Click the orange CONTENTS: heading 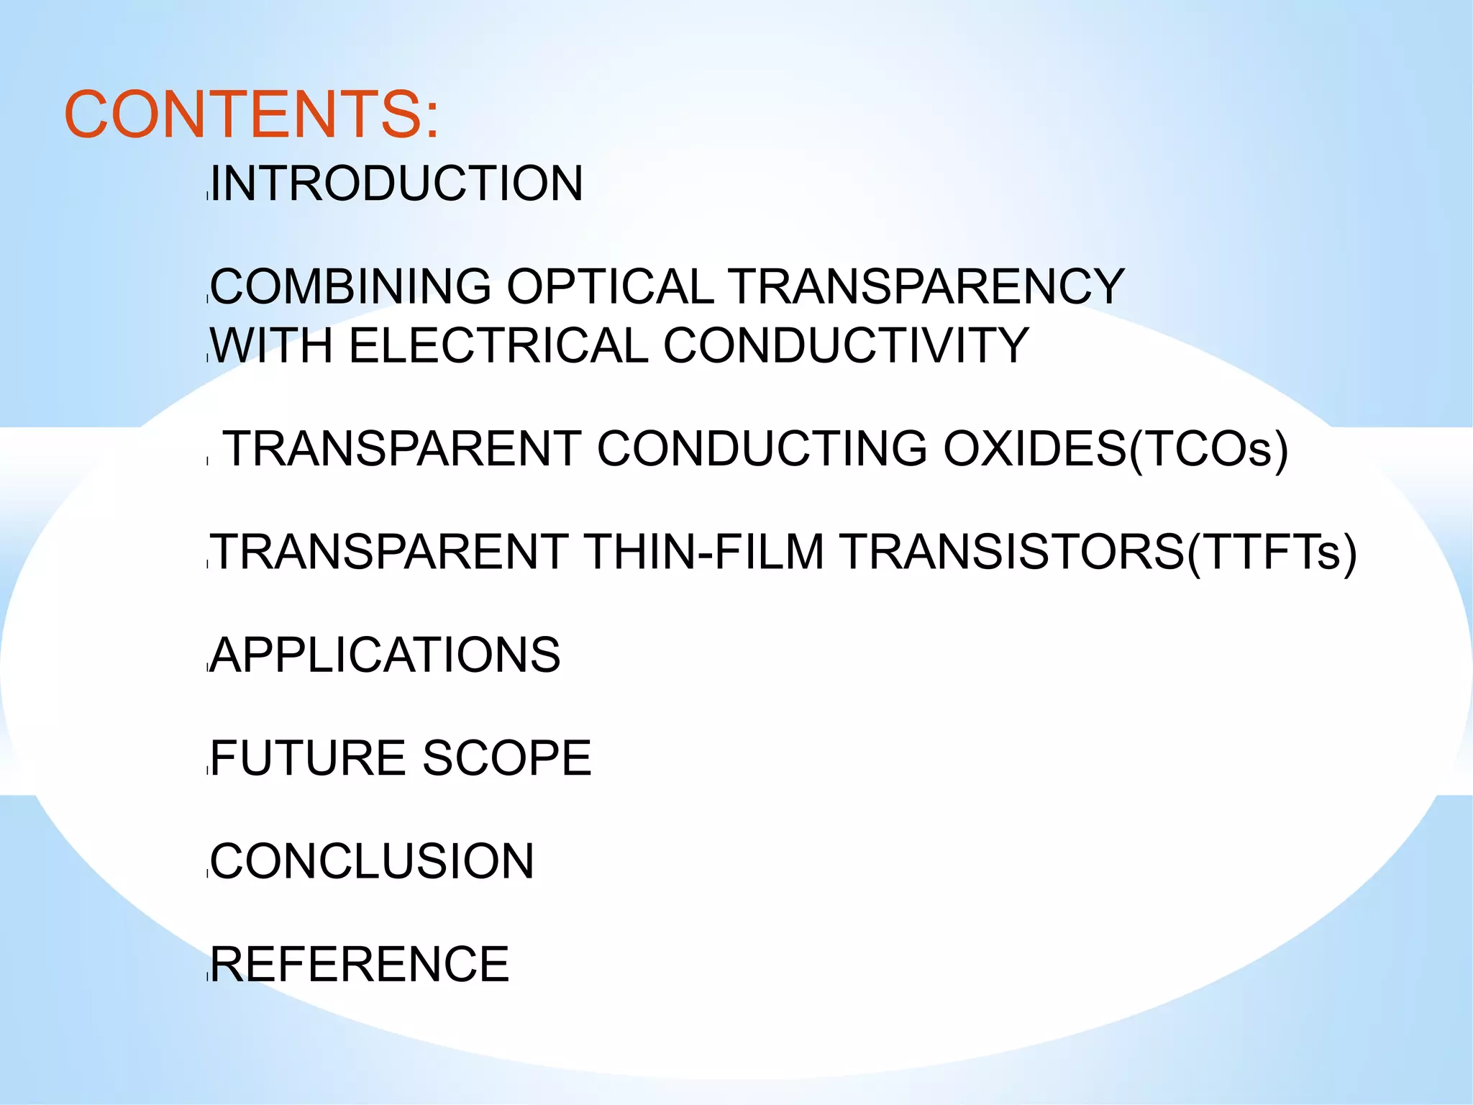tap(251, 115)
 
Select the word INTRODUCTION tap(396, 183)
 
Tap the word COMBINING tap(351, 286)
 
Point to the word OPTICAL tap(610, 286)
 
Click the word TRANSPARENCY tap(926, 286)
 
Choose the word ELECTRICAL tap(498, 345)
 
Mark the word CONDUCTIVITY tap(846, 345)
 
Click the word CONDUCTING tap(762, 449)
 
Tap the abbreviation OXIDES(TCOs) tap(1116, 449)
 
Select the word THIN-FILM tap(704, 552)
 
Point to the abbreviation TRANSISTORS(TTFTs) tap(1098, 552)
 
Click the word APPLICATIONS tap(386, 655)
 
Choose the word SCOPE tap(507, 758)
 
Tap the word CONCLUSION tap(372, 861)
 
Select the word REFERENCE tap(360, 965)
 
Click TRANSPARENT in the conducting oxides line tap(403, 449)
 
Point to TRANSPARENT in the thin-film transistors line tap(390, 552)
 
